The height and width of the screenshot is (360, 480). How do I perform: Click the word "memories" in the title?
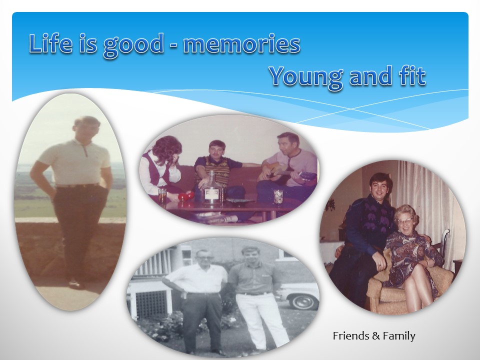click(x=241, y=43)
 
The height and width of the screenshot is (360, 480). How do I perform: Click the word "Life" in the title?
click(x=51, y=43)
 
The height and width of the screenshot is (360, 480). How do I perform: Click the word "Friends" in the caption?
click(x=351, y=336)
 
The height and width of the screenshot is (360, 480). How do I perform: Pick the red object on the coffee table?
click(x=186, y=196)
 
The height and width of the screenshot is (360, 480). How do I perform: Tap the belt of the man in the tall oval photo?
click(x=77, y=185)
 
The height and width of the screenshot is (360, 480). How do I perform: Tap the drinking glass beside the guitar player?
click(x=278, y=196)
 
